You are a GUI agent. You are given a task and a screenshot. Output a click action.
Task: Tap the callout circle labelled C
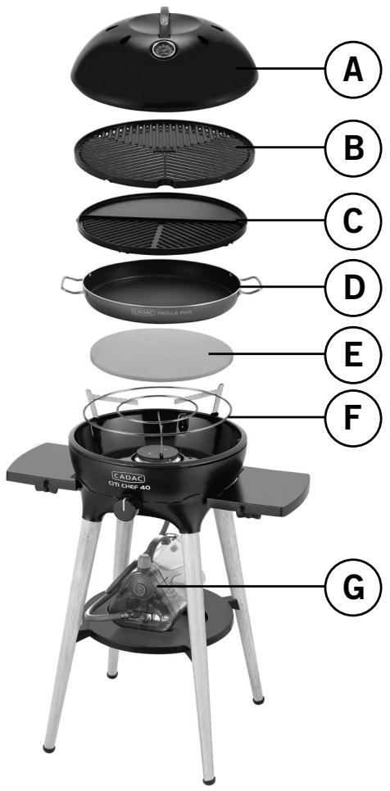351,220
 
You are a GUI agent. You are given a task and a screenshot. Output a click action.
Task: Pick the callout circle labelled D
351,288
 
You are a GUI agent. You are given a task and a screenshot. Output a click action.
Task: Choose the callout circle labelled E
351,355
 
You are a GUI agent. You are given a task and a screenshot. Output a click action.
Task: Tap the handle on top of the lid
161,15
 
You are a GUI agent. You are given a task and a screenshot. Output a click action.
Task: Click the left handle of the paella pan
70,284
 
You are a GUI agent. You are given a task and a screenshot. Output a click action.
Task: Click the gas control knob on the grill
126,509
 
